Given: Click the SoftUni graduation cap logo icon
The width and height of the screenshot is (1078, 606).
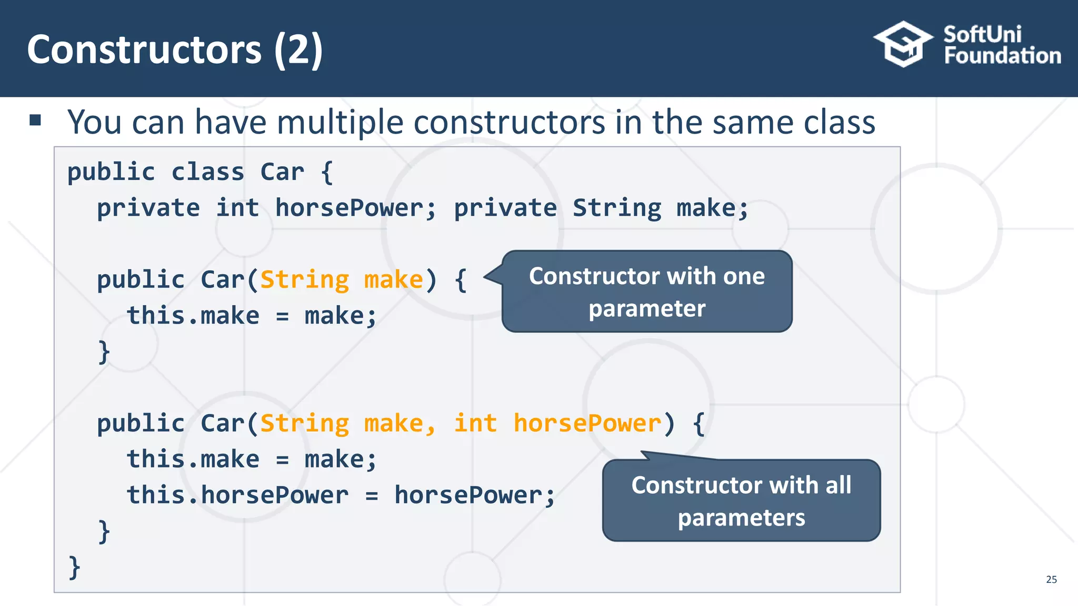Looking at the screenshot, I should coord(903,44).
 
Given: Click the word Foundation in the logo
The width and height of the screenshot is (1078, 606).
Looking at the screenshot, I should coord(1002,56).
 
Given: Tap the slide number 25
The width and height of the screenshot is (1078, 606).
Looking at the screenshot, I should coord(1051,579).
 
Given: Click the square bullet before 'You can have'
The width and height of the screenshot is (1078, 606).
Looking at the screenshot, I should coord(35,120).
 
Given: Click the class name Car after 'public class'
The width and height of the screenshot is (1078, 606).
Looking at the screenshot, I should coord(282,172).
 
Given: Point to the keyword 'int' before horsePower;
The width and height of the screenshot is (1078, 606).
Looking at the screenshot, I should coord(237,208).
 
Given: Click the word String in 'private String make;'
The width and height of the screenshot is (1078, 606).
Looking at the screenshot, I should coord(616,208).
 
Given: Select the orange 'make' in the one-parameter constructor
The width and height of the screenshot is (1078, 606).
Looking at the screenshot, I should coord(393,279).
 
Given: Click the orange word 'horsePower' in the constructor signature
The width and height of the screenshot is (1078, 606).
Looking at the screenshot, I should coord(587,423).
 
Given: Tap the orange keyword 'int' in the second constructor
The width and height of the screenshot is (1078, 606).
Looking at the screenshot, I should coord(475,423).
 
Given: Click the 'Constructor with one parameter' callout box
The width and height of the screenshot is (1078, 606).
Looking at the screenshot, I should coord(647,291).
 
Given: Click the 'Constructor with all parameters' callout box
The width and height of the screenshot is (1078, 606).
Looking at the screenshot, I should coord(741,500).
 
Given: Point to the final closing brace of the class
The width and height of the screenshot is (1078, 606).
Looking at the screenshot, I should coord(74,567).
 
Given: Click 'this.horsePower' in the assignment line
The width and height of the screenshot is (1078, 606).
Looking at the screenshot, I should coord(237,495).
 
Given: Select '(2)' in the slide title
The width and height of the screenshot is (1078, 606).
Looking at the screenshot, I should coord(298,49).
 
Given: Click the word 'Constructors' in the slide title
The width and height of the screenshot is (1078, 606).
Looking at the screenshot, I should coord(144,49).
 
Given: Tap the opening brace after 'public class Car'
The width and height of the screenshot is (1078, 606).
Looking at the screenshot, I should coord(327,172).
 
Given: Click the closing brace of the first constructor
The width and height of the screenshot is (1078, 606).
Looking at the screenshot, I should coord(104,351).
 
